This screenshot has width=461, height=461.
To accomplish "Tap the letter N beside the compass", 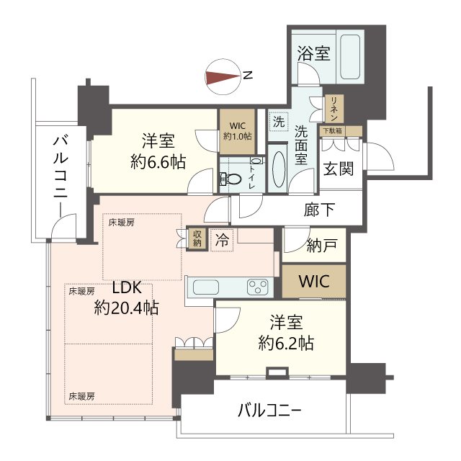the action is point(248,76).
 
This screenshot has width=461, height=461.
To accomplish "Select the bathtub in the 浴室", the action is point(350,57).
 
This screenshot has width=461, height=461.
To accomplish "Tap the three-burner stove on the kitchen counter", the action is point(258,287).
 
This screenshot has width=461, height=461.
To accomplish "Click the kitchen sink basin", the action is point(205,287).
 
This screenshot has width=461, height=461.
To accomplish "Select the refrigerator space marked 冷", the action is point(222,240).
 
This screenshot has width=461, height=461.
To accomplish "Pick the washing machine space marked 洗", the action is point(279,122).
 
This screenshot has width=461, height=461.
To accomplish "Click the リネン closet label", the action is point(334,109).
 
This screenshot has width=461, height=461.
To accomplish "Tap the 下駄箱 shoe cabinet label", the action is point(333,130).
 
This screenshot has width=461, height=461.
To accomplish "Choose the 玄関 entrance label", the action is point(339,169).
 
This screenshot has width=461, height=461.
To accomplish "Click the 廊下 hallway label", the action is point(319,210).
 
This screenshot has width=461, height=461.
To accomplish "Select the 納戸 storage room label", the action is point(322,245).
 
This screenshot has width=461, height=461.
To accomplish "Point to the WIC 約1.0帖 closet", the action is point(237,131).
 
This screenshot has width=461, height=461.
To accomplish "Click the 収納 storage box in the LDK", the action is point(197,238).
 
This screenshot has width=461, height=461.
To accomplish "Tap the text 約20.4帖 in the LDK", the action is point(127,308).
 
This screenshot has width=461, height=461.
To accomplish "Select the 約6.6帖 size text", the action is point(158,162).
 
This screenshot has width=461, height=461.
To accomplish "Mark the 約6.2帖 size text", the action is point(286,343).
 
